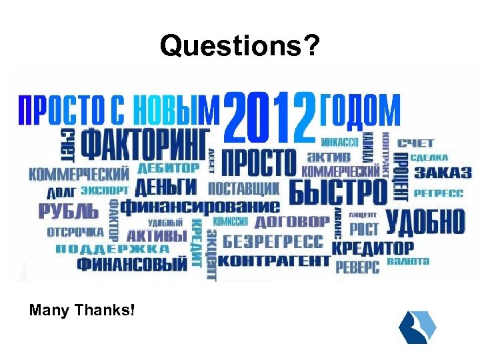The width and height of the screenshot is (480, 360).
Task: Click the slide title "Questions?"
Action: click(240, 46)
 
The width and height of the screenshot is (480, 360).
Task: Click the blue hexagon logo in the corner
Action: click(417, 327)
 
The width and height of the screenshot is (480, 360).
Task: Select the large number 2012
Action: click(270, 118)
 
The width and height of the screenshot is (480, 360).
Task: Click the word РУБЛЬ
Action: click(68, 213)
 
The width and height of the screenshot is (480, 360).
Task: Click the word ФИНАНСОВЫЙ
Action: click(132, 265)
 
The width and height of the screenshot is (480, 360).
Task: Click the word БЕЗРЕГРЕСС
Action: click(273, 241)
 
